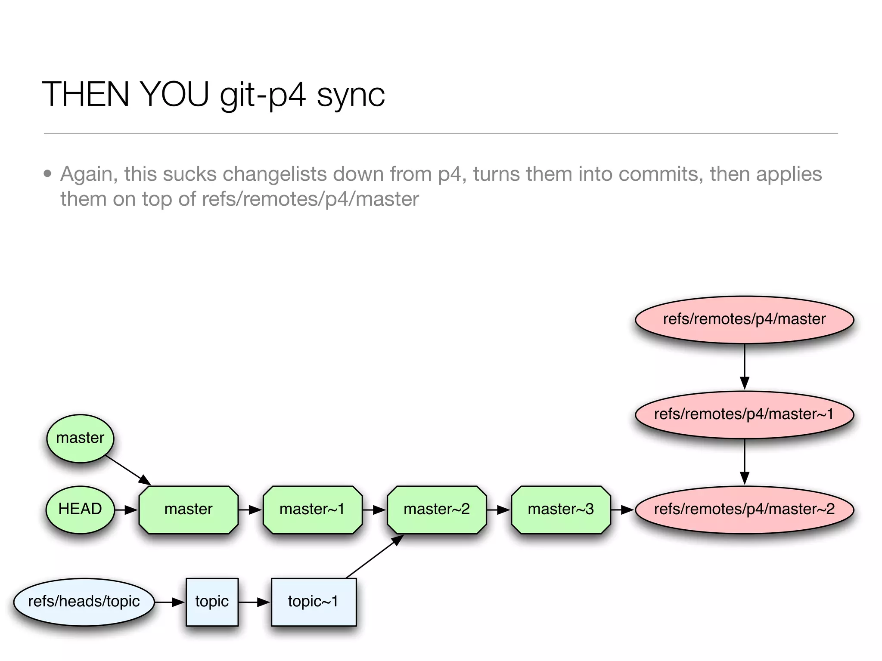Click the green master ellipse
click(x=80, y=439)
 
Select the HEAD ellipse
click(x=80, y=510)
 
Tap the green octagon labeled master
click(x=188, y=510)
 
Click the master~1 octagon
click(x=312, y=510)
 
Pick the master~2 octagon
click(x=436, y=510)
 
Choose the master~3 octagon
click(x=560, y=510)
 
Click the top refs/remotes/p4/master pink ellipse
click(x=744, y=319)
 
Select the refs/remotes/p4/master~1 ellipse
click(x=744, y=414)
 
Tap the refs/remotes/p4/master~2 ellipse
click(x=744, y=510)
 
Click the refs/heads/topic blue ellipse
click(x=84, y=602)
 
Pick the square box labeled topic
click(x=212, y=602)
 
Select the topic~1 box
click(x=314, y=602)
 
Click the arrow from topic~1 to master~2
click(x=374, y=557)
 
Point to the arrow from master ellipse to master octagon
click(x=128, y=470)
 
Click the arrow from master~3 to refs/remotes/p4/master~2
click(x=622, y=510)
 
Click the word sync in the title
click(x=351, y=95)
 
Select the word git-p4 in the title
click(x=263, y=95)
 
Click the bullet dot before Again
click(x=48, y=174)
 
